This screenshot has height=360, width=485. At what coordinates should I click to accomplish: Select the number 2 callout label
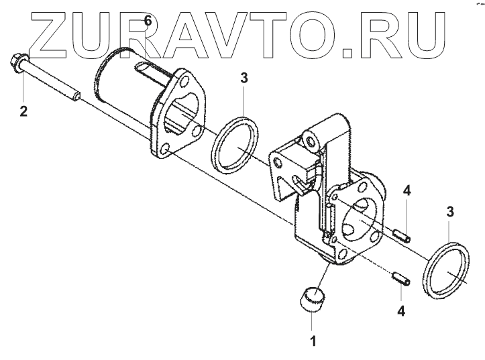pos(23,110)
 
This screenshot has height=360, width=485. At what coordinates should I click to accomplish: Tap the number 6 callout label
pos(148,21)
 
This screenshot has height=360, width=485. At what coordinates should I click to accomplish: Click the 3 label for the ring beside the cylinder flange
pos(244,78)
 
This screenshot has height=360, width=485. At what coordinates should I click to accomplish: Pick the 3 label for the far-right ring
pos(450,212)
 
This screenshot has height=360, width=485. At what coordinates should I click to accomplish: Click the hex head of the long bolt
pos(15,63)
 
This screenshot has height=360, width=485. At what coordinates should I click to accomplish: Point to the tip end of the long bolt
pos(77,97)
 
